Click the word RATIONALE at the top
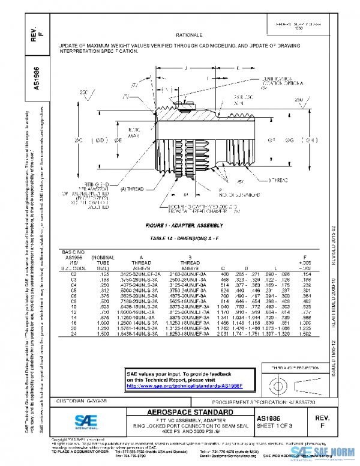point(190,36)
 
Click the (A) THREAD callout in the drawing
point(132,189)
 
